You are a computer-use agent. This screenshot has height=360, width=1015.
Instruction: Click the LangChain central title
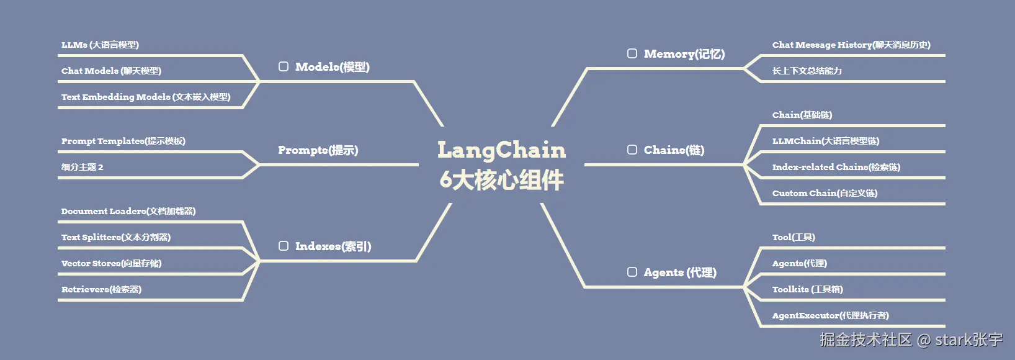pyautogui.click(x=501, y=151)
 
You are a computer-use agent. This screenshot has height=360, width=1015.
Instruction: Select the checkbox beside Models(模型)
pyautogui.click(x=284, y=66)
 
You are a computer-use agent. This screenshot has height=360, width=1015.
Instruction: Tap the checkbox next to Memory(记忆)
pyautogui.click(x=632, y=53)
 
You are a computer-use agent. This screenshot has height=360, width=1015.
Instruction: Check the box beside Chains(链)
pyautogui.click(x=632, y=150)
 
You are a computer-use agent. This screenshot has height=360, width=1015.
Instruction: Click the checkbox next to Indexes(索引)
pyautogui.click(x=284, y=246)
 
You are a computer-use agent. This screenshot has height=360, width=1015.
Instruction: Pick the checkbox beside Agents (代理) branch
pyautogui.click(x=632, y=272)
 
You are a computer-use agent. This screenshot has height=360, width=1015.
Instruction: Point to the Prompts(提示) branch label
pyautogui.click(x=318, y=150)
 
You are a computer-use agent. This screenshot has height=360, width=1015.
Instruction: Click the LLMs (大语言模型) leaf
pyautogui.click(x=100, y=45)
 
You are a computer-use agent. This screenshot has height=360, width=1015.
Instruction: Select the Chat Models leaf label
pyautogui.click(x=111, y=71)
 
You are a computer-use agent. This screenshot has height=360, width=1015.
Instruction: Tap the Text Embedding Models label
pyautogui.click(x=146, y=97)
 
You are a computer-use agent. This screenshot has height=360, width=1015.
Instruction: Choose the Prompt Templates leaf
pyautogui.click(x=123, y=141)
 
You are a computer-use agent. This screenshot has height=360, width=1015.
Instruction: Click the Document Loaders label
pyautogui.click(x=128, y=211)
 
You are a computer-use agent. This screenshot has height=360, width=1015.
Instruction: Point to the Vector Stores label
pyautogui.click(x=111, y=263)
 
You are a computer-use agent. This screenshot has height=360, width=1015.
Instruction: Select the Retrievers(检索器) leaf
pyautogui.click(x=101, y=289)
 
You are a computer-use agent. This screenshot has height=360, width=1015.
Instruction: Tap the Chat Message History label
pyautogui.click(x=851, y=45)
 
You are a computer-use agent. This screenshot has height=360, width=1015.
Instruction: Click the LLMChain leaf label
pyautogui.click(x=825, y=141)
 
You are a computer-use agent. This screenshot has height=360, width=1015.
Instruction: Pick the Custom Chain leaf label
pyautogui.click(x=825, y=193)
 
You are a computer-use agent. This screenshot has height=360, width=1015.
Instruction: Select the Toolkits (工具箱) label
pyautogui.click(x=807, y=289)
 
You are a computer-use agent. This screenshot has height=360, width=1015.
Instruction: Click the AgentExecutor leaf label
pyautogui.click(x=830, y=315)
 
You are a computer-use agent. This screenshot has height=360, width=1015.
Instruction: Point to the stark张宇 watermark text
pyautogui.click(x=968, y=340)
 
